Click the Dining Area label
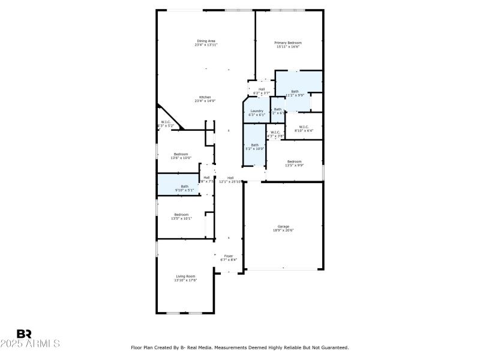click(x=206, y=41)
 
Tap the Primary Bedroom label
click(x=288, y=43)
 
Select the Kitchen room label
click(x=205, y=97)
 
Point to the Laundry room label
click(x=257, y=111)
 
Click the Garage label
click(x=283, y=226)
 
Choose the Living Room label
click(x=185, y=276)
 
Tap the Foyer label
click(x=229, y=256)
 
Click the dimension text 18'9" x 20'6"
click(x=283, y=230)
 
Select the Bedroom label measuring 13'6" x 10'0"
click(x=181, y=154)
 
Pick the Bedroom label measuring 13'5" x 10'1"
click(x=181, y=214)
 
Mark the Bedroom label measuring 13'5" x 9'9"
click(x=294, y=161)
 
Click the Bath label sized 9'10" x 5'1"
click(x=185, y=186)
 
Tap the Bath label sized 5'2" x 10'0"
click(x=254, y=145)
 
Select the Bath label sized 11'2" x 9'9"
click(x=295, y=91)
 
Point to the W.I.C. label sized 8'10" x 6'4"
click(x=304, y=127)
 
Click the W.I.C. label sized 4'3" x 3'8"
click(x=275, y=132)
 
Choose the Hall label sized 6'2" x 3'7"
click(x=262, y=89)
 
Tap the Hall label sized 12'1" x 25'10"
click(x=230, y=178)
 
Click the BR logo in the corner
click(x=24, y=334)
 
